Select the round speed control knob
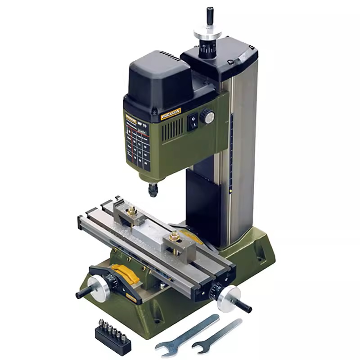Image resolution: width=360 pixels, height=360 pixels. point(207,117)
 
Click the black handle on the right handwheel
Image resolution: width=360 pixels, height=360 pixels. point(242,306)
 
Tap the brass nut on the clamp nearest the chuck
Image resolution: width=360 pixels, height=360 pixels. point(132,210)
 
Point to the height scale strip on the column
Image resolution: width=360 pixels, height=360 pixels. point(231,153)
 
